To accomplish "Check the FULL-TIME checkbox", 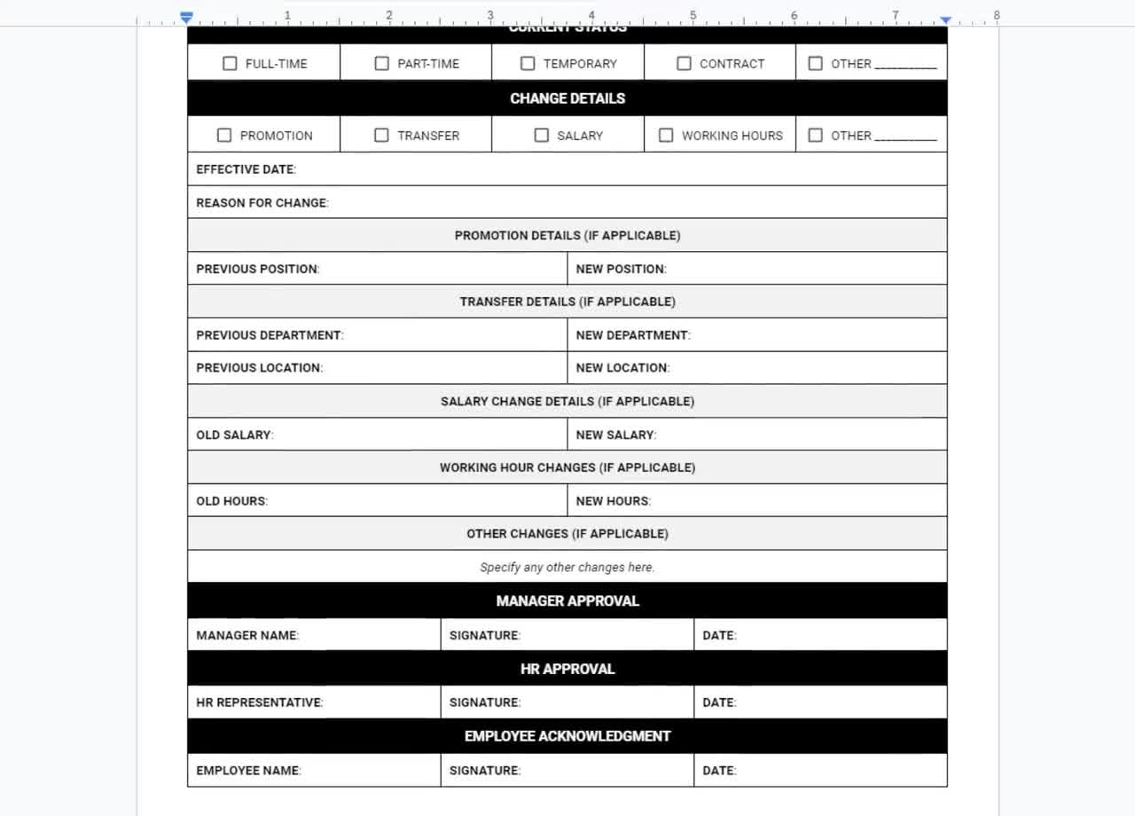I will click(230, 64).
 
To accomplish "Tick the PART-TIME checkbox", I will click(381, 64).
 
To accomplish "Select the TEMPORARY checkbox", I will click(528, 64).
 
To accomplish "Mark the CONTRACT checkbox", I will click(684, 64).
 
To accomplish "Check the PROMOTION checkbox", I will click(224, 136).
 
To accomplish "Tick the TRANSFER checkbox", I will click(381, 136).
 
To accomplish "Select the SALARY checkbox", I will click(541, 136).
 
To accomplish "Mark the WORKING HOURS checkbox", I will click(666, 136).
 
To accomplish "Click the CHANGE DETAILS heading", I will click(567, 98).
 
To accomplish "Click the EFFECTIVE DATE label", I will click(246, 169).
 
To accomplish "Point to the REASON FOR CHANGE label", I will click(262, 203).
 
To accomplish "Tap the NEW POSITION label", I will click(621, 269).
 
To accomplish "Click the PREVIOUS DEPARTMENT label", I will click(270, 335).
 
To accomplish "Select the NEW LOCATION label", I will click(622, 368).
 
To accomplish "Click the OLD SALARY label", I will click(234, 435).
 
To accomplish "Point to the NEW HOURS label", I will click(613, 501).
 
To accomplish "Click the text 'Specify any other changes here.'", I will click(567, 568).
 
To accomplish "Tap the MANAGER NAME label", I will click(247, 635).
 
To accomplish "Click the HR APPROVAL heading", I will click(567, 669).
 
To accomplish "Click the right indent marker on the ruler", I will click(946, 20).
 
